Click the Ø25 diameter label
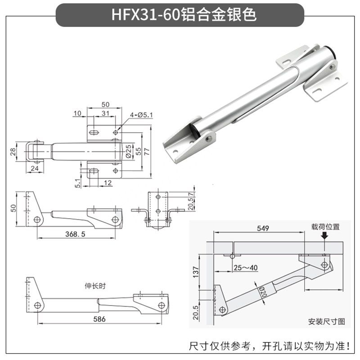pos(128,150)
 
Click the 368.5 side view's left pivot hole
pos(38,220)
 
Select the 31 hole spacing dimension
pos(105,113)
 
